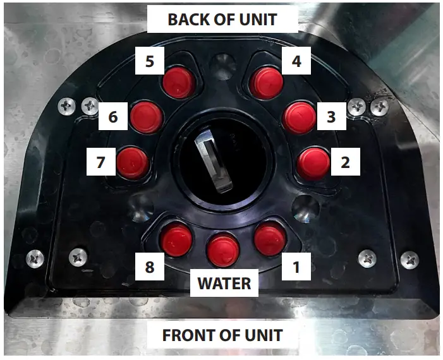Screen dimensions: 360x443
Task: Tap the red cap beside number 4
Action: pos(266,82)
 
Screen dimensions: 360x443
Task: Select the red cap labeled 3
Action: pos(299,117)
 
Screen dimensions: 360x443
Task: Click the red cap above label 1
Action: pos(270,239)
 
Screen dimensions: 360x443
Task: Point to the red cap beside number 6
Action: pos(147,117)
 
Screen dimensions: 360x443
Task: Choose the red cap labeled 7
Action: pos(133,162)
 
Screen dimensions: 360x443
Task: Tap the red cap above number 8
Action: pos(176,240)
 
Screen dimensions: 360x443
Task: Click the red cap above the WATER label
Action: pos(223,249)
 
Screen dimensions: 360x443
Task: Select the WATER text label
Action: pos(224,283)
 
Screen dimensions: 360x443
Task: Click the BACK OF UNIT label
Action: pos(222,19)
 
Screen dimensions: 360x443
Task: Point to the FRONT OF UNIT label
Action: pos(222,335)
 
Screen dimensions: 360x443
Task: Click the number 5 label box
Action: pos(150,62)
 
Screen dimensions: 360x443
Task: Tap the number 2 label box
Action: pos(344,162)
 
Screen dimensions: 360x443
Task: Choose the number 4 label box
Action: pos(296,62)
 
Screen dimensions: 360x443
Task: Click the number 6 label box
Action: pos(113,117)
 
